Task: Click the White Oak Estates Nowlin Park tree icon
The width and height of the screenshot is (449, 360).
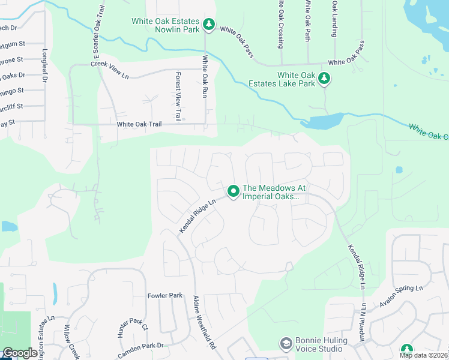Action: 208,25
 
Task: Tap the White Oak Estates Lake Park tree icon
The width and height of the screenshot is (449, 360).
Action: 324,79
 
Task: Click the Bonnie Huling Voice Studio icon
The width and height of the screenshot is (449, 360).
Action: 286,343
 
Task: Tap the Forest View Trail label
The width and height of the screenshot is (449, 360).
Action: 178,97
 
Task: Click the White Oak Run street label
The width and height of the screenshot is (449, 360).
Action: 205,77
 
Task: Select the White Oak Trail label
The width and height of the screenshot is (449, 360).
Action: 139,124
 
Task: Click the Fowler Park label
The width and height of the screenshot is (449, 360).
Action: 164,296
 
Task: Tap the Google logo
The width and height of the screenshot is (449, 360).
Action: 20,353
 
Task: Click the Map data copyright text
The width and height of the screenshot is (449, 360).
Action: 423,355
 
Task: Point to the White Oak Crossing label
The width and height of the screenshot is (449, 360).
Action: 280,24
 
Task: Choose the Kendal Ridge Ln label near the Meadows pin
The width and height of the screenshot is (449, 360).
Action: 197,216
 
